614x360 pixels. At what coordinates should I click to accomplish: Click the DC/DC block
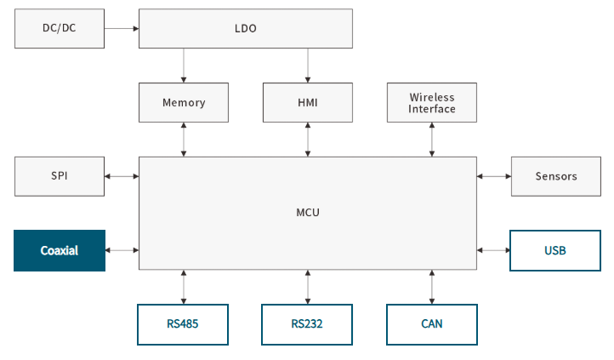pos(60,29)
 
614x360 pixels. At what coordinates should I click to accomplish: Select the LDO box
pos(246,29)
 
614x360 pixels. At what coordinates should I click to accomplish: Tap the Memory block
pos(184,103)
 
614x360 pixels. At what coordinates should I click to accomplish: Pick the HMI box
pos(308,103)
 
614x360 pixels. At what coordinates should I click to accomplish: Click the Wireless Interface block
pos(432,103)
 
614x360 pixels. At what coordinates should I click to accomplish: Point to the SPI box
pos(60,176)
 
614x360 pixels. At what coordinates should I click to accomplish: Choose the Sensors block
pos(556,176)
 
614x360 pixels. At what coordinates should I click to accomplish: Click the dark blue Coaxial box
pos(60,251)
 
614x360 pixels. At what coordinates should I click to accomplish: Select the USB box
pos(555,251)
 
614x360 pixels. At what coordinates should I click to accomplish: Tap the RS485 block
pos(183,324)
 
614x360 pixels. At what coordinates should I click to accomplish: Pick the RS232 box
pos(307,324)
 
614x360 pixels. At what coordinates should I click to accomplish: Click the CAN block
pos(432,324)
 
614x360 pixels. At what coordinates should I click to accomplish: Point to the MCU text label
pos(308,213)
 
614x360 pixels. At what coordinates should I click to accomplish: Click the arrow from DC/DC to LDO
pos(122,29)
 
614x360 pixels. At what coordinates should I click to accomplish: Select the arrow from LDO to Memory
pos(184,66)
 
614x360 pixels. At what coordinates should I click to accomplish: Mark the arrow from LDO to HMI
pos(308,66)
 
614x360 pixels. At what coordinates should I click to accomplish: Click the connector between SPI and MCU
pos(122,176)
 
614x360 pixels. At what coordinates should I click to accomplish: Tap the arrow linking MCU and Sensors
pos(494,176)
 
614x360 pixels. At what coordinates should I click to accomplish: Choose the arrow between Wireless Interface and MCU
pos(432,140)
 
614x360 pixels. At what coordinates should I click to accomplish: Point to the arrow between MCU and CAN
pos(432,287)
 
